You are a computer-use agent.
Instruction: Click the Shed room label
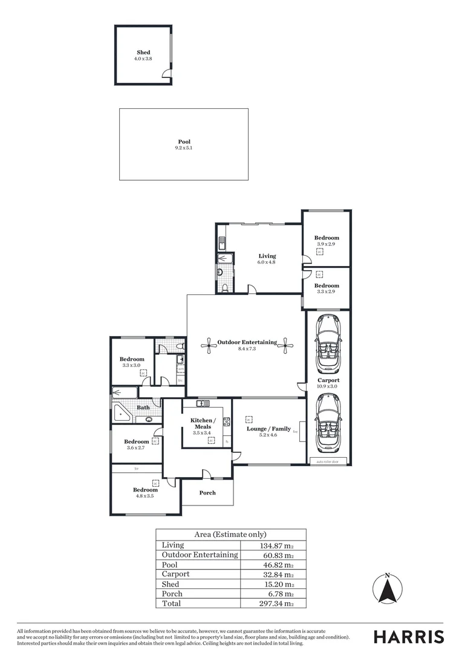[143, 53]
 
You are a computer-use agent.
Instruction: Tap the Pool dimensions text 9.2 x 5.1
[184, 148]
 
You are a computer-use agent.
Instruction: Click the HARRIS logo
[408, 637]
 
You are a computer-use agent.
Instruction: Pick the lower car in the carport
[328, 423]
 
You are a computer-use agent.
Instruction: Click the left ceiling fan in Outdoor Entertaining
[209, 345]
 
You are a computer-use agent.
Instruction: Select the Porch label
[207, 493]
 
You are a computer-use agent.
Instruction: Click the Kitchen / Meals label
[202, 423]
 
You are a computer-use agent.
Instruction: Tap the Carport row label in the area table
[175, 574]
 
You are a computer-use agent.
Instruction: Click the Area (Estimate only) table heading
[230, 534]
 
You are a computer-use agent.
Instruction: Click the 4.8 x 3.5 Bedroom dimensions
[145, 496]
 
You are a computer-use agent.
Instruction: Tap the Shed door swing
[166, 74]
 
